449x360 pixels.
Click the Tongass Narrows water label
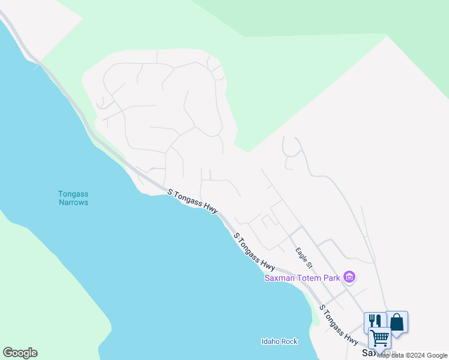click(x=73, y=198)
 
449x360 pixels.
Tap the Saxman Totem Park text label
click(x=303, y=277)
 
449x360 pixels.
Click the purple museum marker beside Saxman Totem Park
click(x=349, y=277)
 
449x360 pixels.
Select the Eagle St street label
click(x=303, y=256)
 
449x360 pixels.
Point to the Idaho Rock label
click(x=279, y=341)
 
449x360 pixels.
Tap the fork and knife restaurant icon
click(x=373, y=321)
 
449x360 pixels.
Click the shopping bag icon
click(x=397, y=322)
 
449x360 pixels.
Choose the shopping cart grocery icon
click(x=379, y=338)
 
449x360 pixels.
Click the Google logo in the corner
click(x=20, y=353)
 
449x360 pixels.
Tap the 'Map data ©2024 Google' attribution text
click(x=412, y=355)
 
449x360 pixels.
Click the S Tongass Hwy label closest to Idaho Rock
click(x=339, y=325)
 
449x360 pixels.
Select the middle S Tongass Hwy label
click(x=254, y=251)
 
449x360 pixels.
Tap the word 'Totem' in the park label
click(x=313, y=277)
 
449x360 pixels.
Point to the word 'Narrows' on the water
click(x=73, y=202)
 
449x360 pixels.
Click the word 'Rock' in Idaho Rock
click(x=289, y=341)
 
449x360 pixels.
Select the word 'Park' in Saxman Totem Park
click(x=333, y=277)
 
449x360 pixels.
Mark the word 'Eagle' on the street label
click(x=300, y=253)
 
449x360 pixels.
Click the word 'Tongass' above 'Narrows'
click(x=73, y=194)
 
